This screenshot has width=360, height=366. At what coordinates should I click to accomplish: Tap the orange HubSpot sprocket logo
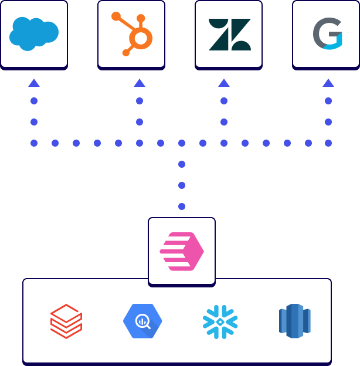[133, 34]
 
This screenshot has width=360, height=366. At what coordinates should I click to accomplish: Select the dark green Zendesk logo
[229, 34]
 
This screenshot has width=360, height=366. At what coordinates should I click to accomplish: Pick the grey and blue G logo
[327, 33]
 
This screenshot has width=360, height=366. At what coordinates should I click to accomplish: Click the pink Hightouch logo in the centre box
[182, 252]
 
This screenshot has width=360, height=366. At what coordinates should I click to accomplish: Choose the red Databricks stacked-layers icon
[66, 321]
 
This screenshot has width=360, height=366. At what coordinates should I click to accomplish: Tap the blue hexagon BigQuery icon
[142, 321]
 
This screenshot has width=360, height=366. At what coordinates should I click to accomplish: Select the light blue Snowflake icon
[220, 321]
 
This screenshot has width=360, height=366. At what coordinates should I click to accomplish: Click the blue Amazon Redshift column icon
[294, 321]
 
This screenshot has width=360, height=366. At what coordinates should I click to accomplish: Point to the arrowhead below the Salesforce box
[34, 83]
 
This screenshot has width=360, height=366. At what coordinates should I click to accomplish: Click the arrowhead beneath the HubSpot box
[140, 83]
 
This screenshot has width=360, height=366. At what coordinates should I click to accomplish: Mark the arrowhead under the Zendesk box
[224, 83]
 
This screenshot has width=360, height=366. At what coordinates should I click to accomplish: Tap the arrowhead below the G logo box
[328, 83]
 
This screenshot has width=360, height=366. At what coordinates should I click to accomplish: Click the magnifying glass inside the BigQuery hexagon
[142, 321]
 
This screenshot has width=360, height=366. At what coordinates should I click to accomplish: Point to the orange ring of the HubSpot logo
[141, 39]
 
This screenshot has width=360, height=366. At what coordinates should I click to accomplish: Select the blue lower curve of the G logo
[332, 42]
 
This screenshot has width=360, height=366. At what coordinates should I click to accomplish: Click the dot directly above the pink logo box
[182, 206]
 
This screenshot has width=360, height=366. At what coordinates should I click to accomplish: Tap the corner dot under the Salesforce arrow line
[34, 143]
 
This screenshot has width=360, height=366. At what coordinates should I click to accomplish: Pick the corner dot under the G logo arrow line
[328, 143]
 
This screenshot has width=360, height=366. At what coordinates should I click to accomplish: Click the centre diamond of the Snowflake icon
[220, 321]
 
